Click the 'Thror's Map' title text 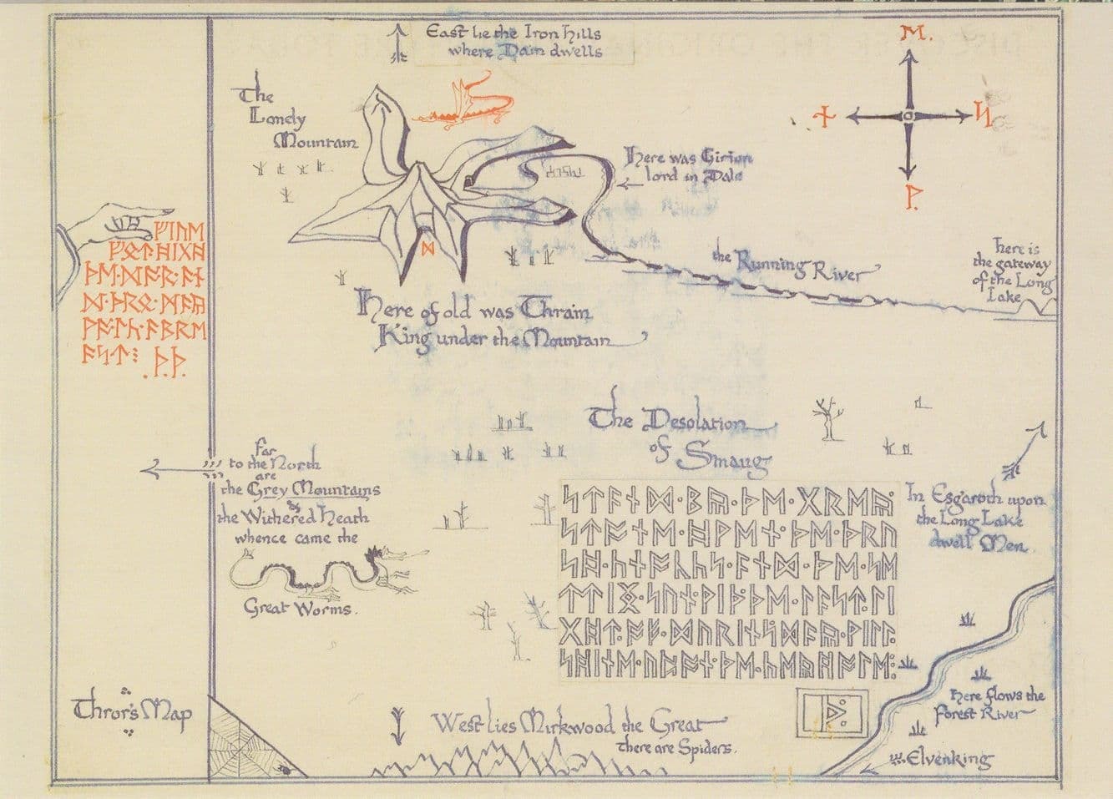(134, 712)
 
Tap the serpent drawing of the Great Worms (330, 574)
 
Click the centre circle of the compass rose (908, 116)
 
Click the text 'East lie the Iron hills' (513, 34)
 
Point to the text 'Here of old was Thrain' (475, 312)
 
